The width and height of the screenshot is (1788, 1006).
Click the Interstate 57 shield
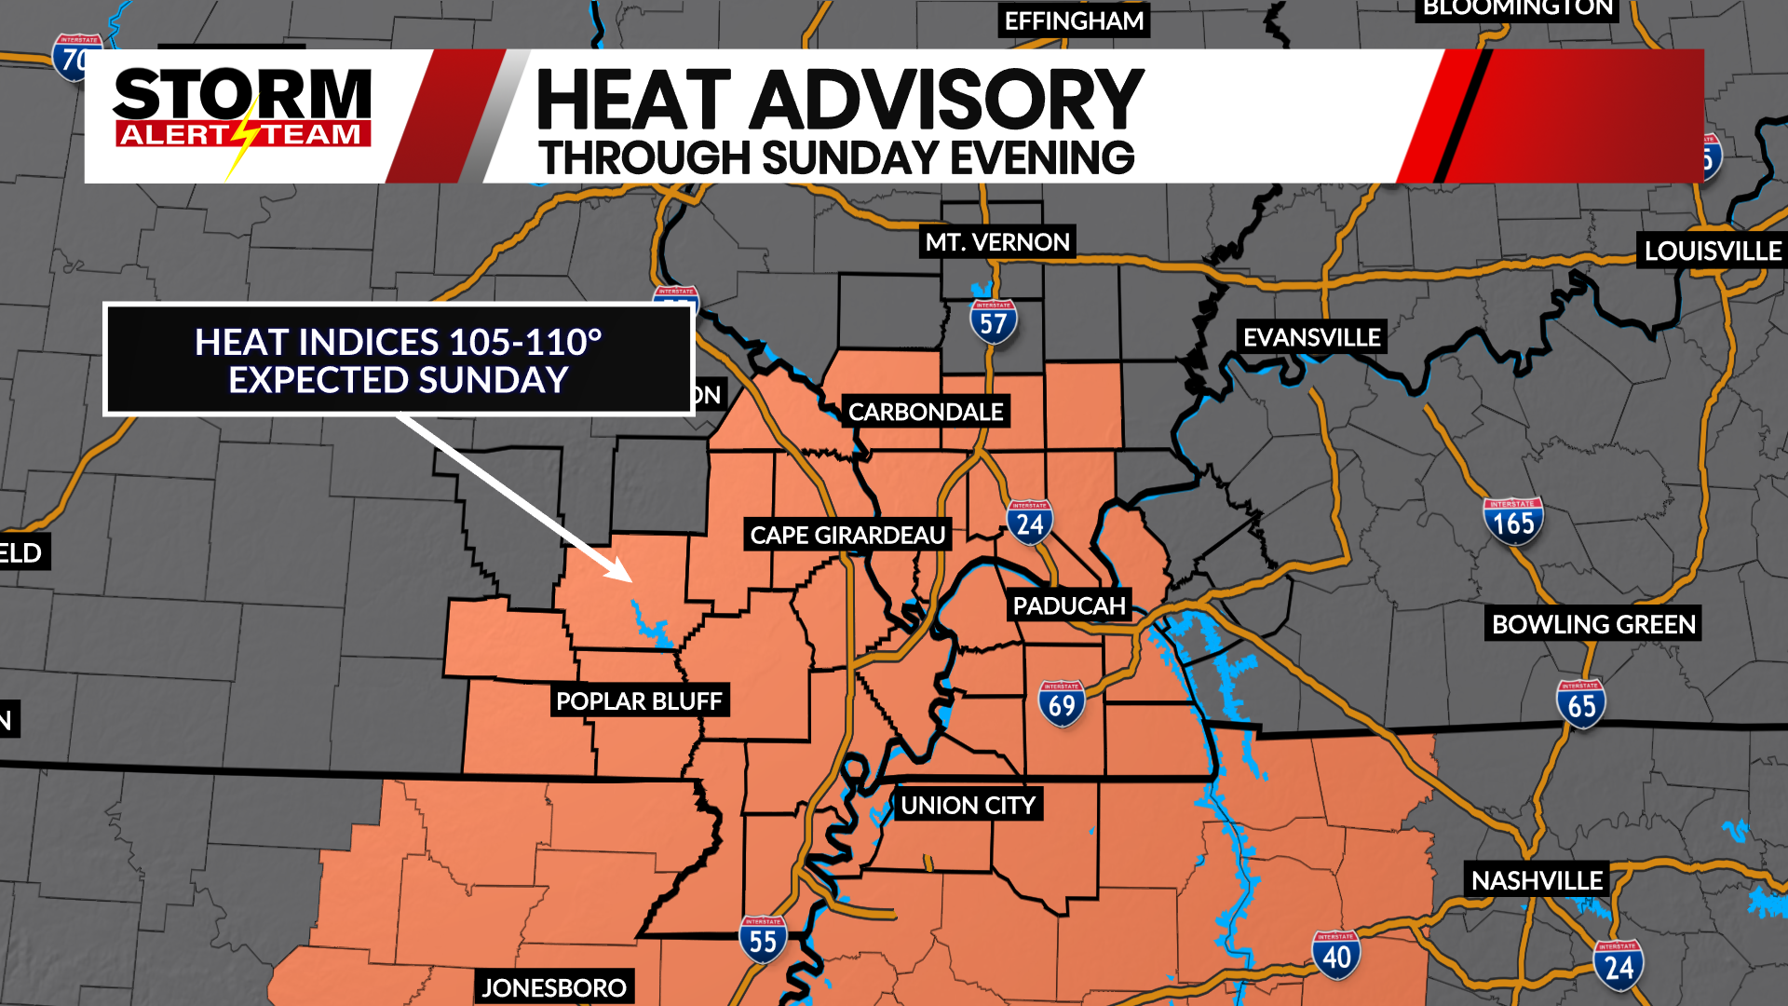point(993,322)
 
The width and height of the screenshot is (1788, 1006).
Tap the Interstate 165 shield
point(1512,522)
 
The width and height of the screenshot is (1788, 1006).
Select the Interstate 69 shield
point(1062,704)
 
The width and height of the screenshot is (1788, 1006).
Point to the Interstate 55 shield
point(763,940)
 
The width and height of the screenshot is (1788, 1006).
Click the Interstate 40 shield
point(1336,955)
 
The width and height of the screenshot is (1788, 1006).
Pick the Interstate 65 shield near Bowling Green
point(1580,704)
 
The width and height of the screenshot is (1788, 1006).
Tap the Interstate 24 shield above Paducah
point(1029,523)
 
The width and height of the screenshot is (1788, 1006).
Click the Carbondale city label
point(926,412)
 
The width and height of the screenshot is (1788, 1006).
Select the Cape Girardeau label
point(847,536)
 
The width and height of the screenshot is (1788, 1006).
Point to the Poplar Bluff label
point(639,701)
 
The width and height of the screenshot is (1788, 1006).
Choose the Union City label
point(968,806)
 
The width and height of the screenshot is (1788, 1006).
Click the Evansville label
point(1311,337)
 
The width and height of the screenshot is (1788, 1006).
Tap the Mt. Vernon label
point(997,242)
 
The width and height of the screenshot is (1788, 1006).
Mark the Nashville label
point(1537,880)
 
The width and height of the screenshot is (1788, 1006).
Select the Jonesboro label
point(554,987)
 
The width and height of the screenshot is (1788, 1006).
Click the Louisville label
point(1713,251)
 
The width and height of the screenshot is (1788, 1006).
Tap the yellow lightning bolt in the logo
point(243,140)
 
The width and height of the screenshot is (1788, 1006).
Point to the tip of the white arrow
point(630,580)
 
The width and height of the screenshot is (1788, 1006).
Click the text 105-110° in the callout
point(525,343)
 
